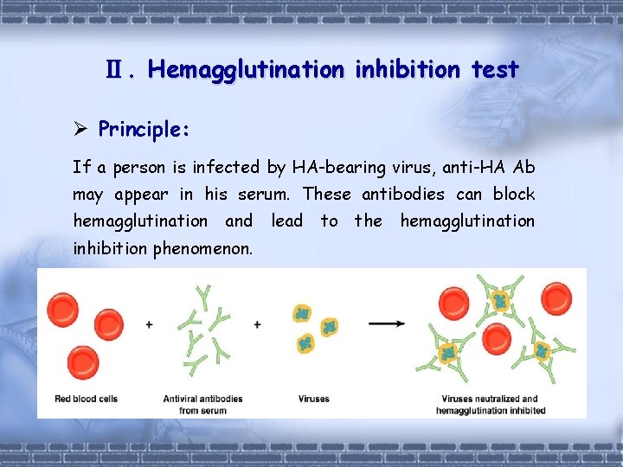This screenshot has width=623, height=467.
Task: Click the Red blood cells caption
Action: coord(86,399)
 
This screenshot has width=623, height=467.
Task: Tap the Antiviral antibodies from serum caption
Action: coord(202,404)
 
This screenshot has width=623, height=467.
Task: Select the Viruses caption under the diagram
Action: coord(314,399)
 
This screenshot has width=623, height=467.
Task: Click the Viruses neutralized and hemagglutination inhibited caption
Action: coord(490,404)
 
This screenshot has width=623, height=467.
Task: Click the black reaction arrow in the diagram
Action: coord(387,323)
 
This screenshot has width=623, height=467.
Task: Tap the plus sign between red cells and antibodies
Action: coord(150,324)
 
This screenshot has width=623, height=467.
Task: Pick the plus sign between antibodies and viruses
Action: coord(257,324)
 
